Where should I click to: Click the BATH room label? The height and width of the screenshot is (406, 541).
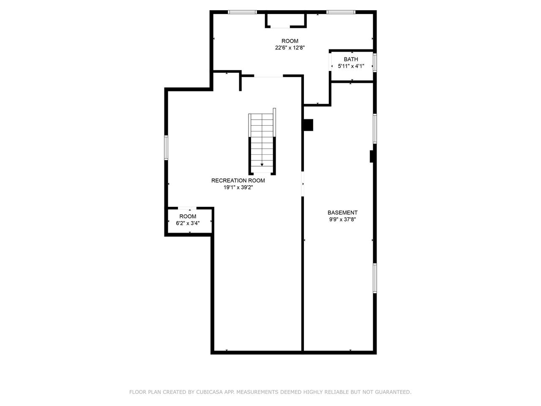(351, 59)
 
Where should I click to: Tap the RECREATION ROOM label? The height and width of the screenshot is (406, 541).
(238, 181)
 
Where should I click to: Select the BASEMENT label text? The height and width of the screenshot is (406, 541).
(342, 213)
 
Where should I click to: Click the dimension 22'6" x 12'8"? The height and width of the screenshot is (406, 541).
(290, 48)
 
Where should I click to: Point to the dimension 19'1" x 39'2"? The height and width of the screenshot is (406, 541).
(238, 187)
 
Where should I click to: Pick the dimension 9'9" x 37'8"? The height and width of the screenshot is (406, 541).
(342, 219)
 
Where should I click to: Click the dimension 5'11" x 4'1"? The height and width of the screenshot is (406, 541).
(351, 66)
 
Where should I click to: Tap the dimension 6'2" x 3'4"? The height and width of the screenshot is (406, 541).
(188, 223)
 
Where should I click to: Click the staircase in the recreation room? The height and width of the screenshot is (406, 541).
(262, 142)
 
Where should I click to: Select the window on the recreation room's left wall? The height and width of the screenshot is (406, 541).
(166, 147)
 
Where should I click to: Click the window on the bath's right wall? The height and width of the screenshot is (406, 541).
(374, 62)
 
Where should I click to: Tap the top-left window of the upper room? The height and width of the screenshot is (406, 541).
(242, 12)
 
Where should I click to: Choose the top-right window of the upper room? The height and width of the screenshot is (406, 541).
(341, 12)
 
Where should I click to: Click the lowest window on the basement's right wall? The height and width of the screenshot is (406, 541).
(374, 278)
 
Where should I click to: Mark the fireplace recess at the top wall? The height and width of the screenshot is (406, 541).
(285, 20)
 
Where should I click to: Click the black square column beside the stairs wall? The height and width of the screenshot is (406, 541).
(308, 125)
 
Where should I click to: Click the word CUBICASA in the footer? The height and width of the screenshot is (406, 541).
(210, 392)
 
